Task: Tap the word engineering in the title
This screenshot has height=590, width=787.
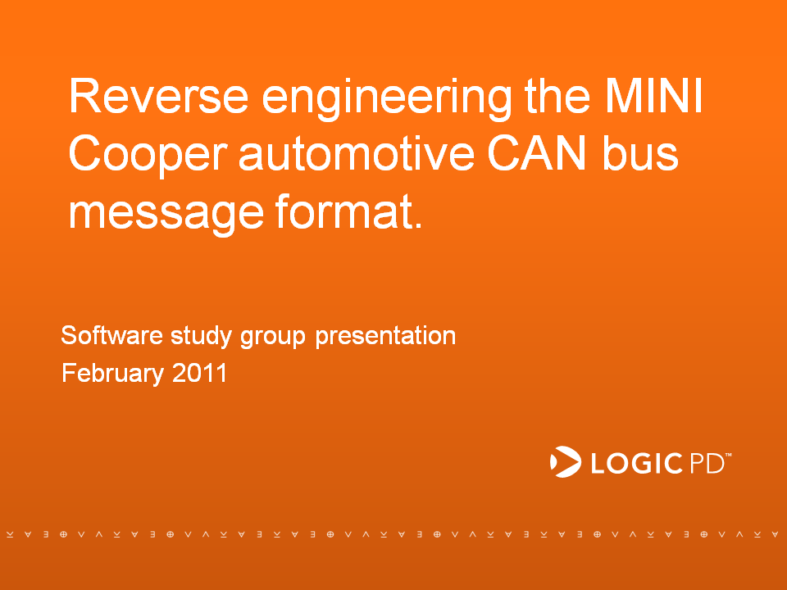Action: tap(386, 99)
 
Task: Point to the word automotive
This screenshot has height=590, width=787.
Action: tap(357, 153)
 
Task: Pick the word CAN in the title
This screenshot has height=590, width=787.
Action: tap(536, 153)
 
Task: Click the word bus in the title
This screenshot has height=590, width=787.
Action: tap(640, 153)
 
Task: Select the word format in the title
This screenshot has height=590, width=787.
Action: tap(344, 211)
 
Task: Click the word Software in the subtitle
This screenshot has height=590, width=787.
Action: tap(112, 334)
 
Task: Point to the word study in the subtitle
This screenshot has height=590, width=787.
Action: tap(202, 336)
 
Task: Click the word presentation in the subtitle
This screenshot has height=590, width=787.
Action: tap(385, 336)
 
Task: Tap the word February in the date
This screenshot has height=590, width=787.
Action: tap(113, 374)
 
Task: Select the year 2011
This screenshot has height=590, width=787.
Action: tap(199, 373)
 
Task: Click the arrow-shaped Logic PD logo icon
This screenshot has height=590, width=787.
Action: tap(565, 461)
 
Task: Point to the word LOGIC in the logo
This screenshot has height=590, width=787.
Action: tap(636, 462)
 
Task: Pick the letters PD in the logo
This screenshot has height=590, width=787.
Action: tap(707, 462)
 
